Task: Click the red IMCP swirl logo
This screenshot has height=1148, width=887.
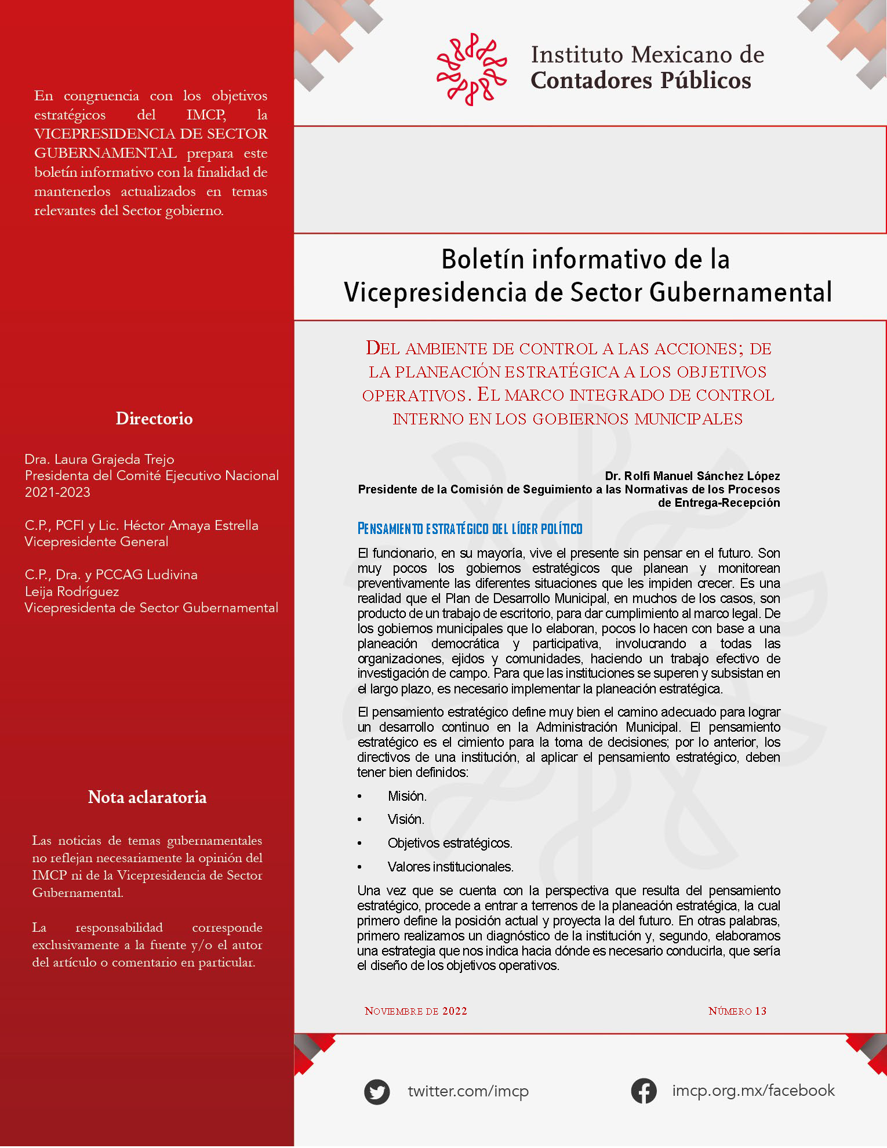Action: pos(471,69)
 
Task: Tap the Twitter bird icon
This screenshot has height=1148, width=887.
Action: pos(377,1092)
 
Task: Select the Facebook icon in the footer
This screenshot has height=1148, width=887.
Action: pos(644,1091)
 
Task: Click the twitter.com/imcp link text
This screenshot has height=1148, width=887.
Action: pos(468,1091)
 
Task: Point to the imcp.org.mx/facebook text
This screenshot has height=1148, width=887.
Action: pos(753,1091)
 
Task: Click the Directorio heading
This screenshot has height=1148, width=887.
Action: pos(154,419)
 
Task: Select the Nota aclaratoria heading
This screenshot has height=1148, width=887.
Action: pos(147,797)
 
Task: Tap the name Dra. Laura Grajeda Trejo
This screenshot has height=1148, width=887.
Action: pos(99,459)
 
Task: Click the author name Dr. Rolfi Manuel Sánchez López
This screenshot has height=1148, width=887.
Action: pos(692,476)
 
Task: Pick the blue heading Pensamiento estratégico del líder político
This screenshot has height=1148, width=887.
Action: pos(470,529)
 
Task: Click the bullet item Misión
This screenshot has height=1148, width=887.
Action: pos(407,796)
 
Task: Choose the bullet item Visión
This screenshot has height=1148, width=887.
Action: pos(406,819)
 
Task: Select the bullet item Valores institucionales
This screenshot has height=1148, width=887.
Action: pos(450,867)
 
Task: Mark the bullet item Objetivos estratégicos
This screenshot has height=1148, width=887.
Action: pos(450,843)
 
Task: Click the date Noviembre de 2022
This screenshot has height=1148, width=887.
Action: pos(416,1011)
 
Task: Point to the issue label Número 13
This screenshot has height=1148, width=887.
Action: pos(737,1011)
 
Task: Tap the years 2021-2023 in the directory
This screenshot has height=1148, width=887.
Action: pos(57,492)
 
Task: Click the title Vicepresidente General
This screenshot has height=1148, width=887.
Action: pos(96,542)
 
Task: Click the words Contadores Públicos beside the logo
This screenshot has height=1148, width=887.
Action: pos(641,81)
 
